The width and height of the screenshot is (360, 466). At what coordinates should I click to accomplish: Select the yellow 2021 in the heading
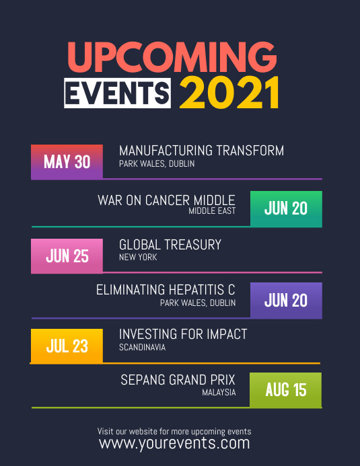(229, 93)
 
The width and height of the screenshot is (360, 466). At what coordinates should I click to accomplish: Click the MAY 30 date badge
(67, 161)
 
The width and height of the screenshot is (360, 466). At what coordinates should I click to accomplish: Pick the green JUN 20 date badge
(286, 208)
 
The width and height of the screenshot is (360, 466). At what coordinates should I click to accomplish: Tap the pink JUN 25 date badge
(67, 256)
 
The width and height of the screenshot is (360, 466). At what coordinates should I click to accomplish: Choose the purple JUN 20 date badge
(286, 301)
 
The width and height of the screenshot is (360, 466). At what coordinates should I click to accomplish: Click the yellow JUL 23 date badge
(67, 346)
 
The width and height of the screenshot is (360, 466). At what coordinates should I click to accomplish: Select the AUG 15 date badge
(286, 390)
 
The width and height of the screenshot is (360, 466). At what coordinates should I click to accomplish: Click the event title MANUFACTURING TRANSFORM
(201, 151)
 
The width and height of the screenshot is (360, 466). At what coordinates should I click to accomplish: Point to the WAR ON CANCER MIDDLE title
(166, 200)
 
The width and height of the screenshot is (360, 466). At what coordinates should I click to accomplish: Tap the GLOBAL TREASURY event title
(170, 245)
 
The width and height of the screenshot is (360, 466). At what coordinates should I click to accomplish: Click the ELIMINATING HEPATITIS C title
(166, 290)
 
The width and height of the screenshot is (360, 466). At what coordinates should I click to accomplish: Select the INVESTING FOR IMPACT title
(183, 334)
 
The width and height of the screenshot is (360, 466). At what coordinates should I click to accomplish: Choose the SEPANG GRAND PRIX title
(178, 380)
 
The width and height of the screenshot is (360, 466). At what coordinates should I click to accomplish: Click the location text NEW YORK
(138, 258)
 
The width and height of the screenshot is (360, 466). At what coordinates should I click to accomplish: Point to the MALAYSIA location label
(219, 393)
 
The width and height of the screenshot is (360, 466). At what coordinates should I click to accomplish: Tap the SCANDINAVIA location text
(142, 348)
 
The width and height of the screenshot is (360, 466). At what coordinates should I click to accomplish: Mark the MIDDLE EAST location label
(212, 211)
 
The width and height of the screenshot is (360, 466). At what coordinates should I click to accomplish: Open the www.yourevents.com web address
(174, 443)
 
